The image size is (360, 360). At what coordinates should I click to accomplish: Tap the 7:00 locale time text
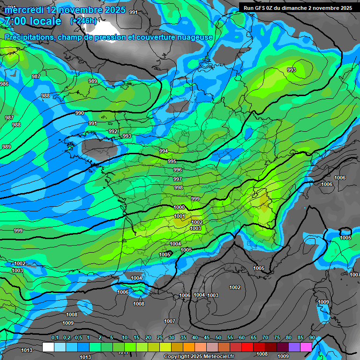[x=32, y=21]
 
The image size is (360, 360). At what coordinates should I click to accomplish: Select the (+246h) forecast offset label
[x=83, y=21]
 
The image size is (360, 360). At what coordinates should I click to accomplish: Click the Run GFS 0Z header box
[x=298, y=7]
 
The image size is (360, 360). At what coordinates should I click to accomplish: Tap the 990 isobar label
[x=80, y=113]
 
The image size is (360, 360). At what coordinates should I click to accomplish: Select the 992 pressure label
[x=113, y=131]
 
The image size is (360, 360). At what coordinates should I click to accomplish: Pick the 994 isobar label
[x=164, y=151]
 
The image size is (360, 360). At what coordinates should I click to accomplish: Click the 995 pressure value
[x=172, y=161]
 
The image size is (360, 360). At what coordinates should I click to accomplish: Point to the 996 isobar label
[x=178, y=170]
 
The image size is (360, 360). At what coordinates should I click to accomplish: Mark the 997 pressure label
[x=178, y=179]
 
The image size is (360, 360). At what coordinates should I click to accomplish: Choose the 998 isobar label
[x=179, y=187]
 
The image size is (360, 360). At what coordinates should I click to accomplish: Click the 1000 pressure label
[x=179, y=207]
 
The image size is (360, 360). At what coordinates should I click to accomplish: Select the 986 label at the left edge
[x=4, y=84]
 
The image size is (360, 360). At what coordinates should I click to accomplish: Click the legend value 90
[x=312, y=337]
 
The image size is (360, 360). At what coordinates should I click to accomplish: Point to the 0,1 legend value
[x=55, y=337]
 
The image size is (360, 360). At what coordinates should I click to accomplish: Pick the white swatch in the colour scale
[x=48, y=347]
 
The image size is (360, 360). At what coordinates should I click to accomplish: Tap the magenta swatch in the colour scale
[x=306, y=347]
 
